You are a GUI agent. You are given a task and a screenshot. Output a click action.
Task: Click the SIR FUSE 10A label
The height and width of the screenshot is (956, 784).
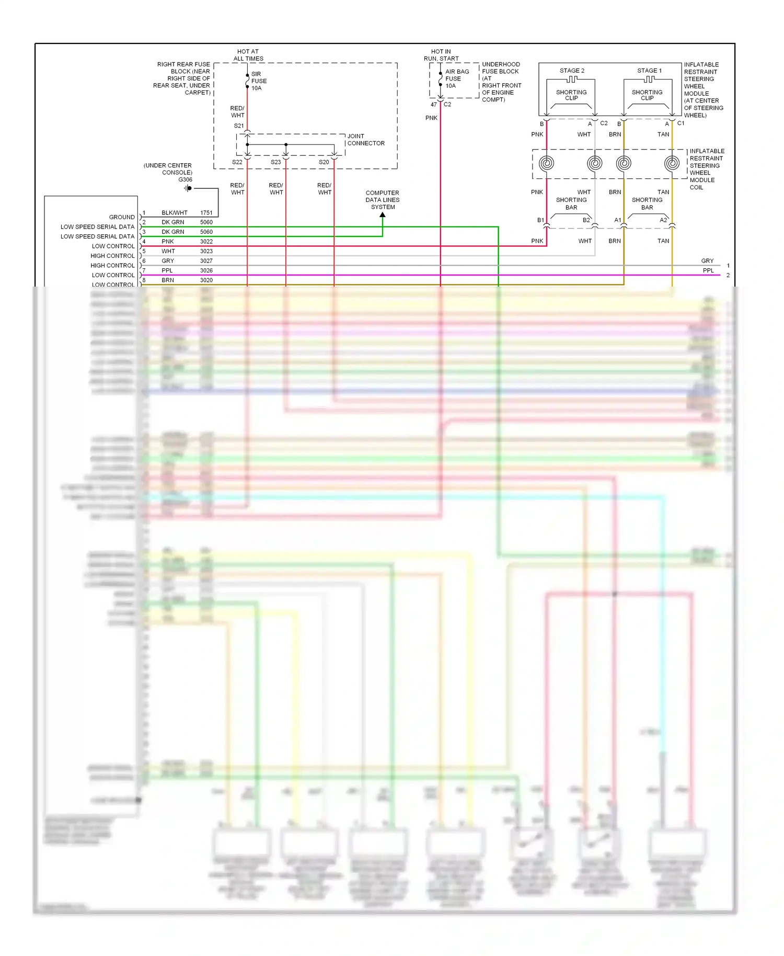click(x=259, y=81)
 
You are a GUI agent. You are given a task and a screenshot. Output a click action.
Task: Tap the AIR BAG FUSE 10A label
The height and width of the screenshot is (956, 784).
click(x=457, y=78)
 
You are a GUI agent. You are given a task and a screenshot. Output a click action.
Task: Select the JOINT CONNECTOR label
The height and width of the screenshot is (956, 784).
click(x=366, y=140)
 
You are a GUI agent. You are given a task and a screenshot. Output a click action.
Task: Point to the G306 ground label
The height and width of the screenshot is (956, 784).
click(x=185, y=179)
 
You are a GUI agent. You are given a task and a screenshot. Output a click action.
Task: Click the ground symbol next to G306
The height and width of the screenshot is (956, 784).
click(x=188, y=188)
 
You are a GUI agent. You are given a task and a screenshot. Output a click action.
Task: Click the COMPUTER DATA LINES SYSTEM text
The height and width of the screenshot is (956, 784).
click(x=383, y=200)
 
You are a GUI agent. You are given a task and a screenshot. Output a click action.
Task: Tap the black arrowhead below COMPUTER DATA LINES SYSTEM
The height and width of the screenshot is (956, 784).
click(x=383, y=214)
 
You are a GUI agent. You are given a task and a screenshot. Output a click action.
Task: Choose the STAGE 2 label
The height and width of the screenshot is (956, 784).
click(x=572, y=71)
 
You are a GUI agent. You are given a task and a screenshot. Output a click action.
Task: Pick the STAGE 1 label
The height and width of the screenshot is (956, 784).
click(x=649, y=71)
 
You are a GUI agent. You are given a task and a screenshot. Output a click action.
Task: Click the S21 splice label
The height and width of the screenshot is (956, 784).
click(x=238, y=126)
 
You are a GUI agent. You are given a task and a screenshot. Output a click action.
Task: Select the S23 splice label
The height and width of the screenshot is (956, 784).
click(x=275, y=162)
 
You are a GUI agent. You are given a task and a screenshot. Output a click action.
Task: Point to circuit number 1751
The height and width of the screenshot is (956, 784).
click(x=206, y=213)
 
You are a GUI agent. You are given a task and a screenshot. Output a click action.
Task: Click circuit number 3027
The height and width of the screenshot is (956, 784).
click(x=206, y=261)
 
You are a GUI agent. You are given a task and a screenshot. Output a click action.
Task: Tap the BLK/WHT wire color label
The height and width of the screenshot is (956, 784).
click(x=175, y=213)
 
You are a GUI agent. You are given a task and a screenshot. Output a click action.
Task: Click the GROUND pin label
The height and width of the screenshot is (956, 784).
click(x=122, y=217)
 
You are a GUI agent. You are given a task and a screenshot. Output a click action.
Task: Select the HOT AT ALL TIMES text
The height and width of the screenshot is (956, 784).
click(x=248, y=55)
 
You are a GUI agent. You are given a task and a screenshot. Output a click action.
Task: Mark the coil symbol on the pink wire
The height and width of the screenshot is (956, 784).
click(x=546, y=163)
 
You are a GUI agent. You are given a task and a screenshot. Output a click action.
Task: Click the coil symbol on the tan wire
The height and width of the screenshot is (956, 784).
click(x=672, y=163)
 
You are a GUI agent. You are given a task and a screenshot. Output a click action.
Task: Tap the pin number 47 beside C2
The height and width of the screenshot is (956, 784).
click(x=433, y=105)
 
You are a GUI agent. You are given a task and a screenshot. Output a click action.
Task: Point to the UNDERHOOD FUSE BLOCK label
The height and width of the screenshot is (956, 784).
click(x=501, y=68)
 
